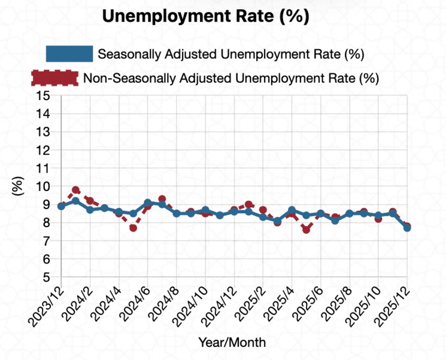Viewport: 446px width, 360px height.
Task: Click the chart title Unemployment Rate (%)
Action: point(205,17)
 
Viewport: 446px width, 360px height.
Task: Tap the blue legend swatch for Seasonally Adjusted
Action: point(69,54)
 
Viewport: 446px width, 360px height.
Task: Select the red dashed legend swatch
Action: point(54,77)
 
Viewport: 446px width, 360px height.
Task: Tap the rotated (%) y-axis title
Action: point(18,186)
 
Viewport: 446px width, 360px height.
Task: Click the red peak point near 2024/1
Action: point(75,190)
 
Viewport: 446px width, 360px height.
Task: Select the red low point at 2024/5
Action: point(133,228)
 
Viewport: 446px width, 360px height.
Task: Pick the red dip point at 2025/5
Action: point(306,230)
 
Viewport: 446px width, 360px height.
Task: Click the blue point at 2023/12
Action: point(61,206)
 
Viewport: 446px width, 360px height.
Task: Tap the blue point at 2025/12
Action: point(407,228)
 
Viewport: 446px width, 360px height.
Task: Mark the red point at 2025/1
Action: point(248,205)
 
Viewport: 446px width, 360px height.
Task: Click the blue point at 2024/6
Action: point(147,203)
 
